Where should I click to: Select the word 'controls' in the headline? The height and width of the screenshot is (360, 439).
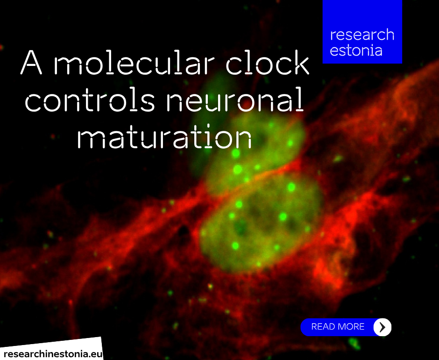90,101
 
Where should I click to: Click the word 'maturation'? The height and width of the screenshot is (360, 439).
164,137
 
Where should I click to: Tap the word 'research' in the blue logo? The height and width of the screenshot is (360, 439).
362,35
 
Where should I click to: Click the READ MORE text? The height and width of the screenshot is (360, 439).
338,327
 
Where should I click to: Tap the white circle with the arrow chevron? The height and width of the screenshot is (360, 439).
382,327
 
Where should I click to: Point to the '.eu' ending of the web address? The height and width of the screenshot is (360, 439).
96,352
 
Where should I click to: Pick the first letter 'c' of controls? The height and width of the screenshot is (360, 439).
32,102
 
